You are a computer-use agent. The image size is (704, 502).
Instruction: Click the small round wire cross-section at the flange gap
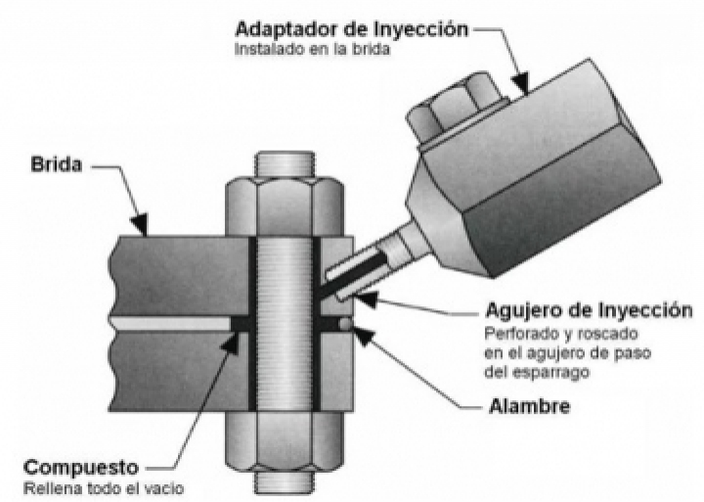[345, 321]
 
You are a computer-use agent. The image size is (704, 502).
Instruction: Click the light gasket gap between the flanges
[166, 322]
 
